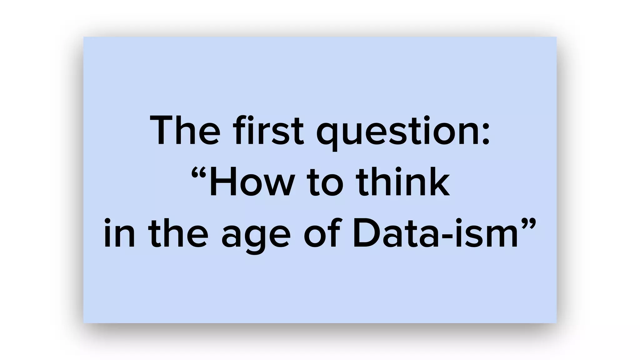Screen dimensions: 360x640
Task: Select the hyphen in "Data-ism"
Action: [x=444, y=236]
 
